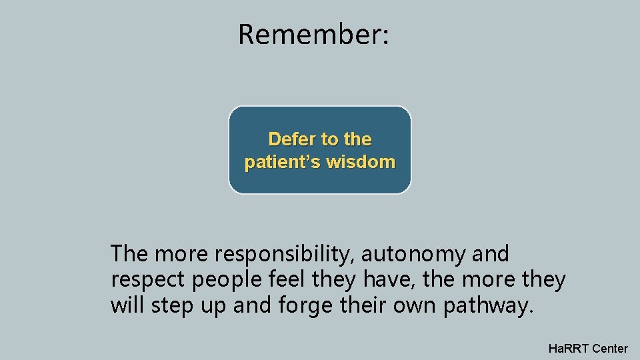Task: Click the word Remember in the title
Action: coord(309,34)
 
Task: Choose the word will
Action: coord(129,306)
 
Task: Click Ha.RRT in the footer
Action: coord(568,348)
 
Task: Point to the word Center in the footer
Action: coord(610,348)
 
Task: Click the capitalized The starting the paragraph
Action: coord(131,254)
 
